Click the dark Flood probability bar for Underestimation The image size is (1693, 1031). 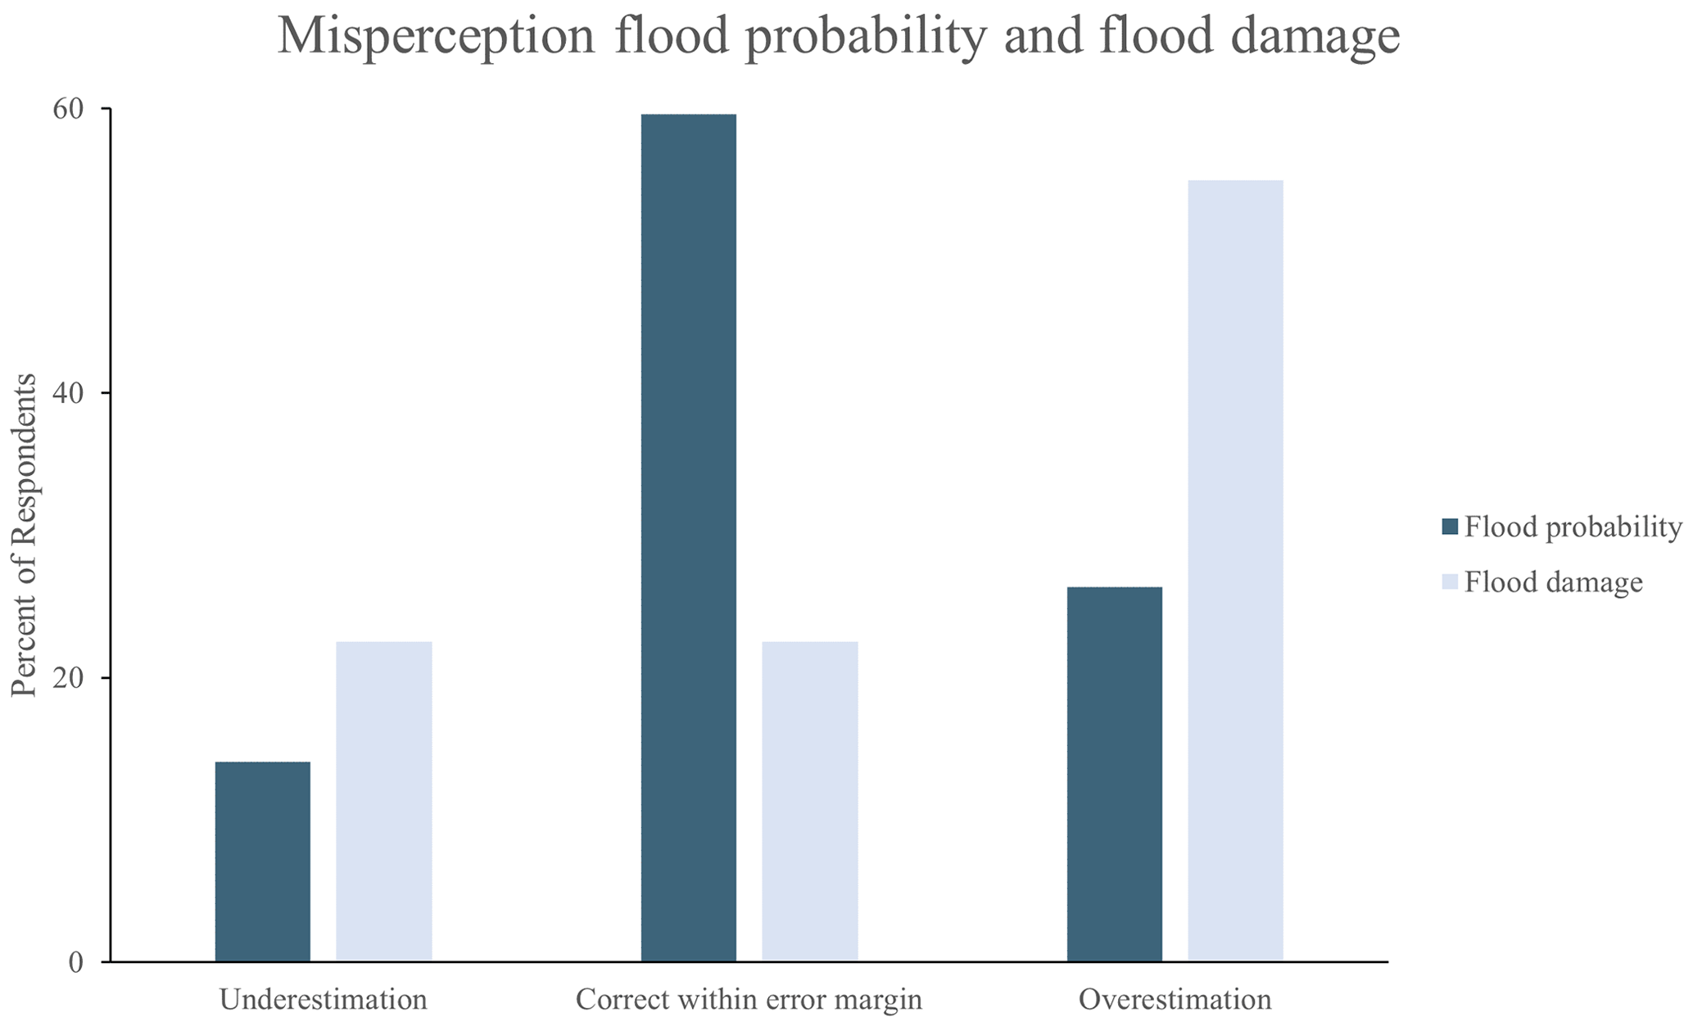(x=262, y=861)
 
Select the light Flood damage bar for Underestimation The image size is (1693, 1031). (x=383, y=801)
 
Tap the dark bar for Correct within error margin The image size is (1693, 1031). (x=688, y=537)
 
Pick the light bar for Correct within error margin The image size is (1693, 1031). (x=809, y=801)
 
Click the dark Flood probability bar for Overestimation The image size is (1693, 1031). (x=1114, y=774)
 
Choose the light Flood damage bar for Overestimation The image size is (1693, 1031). (x=1235, y=571)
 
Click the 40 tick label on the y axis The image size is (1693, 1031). (x=69, y=393)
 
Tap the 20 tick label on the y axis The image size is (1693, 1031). (x=69, y=678)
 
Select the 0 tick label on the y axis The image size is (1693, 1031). (x=76, y=962)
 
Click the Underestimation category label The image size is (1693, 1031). (x=324, y=1000)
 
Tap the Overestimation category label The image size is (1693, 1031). (x=1175, y=1000)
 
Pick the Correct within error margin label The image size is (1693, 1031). (x=749, y=1000)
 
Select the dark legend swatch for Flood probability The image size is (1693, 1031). (x=1450, y=527)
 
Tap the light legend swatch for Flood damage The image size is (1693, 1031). (x=1450, y=582)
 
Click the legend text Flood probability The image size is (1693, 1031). (x=1573, y=527)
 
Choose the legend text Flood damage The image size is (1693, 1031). (x=1553, y=582)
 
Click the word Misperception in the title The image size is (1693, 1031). (x=436, y=37)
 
